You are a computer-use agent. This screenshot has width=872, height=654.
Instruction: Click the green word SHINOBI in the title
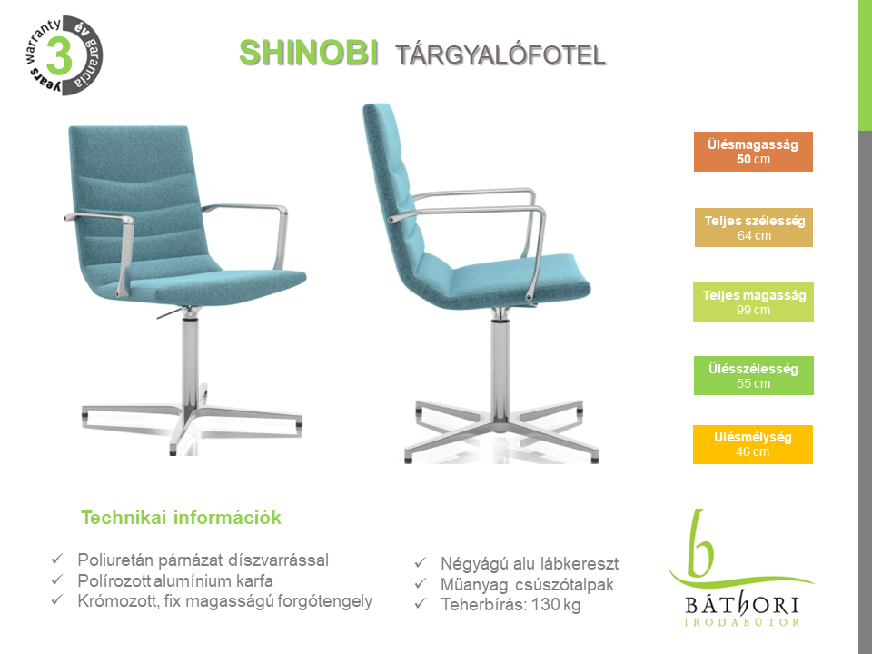[x=309, y=54]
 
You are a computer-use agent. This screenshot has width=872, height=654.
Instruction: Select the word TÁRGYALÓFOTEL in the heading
[x=500, y=55]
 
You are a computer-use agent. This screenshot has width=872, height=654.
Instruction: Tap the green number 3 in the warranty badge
[x=60, y=55]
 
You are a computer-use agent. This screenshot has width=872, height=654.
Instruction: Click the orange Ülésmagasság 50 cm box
[x=753, y=152]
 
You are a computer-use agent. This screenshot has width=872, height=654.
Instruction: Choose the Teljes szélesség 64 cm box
[x=754, y=227]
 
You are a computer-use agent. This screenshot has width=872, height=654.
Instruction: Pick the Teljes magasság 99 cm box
[x=753, y=302]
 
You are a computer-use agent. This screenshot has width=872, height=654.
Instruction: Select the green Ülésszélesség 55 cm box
[x=754, y=375]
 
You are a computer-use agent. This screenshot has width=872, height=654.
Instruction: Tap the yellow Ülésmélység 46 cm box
[x=752, y=444]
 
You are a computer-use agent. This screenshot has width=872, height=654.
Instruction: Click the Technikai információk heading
[x=182, y=518]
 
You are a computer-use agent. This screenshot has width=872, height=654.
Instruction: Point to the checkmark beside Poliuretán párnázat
[x=57, y=559]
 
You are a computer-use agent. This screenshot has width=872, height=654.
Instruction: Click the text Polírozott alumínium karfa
[x=175, y=580]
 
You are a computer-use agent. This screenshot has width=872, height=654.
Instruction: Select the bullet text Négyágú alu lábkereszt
[x=530, y=563]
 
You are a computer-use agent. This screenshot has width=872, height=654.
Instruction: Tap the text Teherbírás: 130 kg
[x=510, y=605]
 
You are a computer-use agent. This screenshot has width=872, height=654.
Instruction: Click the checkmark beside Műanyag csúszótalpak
[x=421, y=583]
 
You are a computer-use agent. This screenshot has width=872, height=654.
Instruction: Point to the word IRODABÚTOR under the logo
[x=742, y=622]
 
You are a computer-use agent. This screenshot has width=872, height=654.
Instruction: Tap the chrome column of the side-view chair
[x=500, y=367]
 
